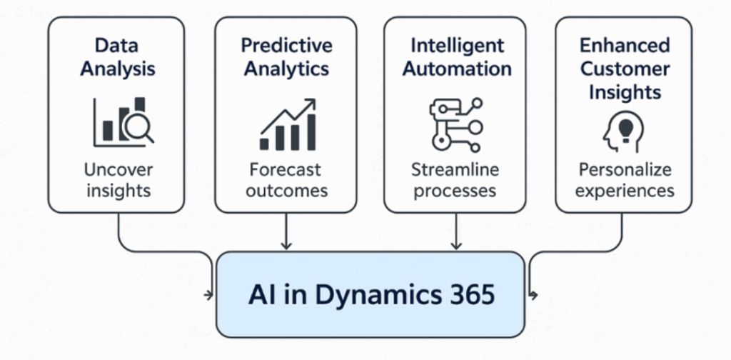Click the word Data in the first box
(x=118, y=46)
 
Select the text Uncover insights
(x=118, y=180)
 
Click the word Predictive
(x=286, y=46)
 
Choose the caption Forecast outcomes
(x=286, y=180)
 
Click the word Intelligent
(x=457, y=46)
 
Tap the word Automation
(x=457, y=69)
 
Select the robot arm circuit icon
(x=455, y=126)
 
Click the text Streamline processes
(x=455, y=180)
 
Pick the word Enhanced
(x=625, y=46)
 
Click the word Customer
(x=625, y=69)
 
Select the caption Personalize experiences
(x=625, y=180)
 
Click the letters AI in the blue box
(x=262, y=295)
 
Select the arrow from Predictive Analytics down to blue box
(x=286, y=232)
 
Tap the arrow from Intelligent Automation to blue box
(x=455, y=232)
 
